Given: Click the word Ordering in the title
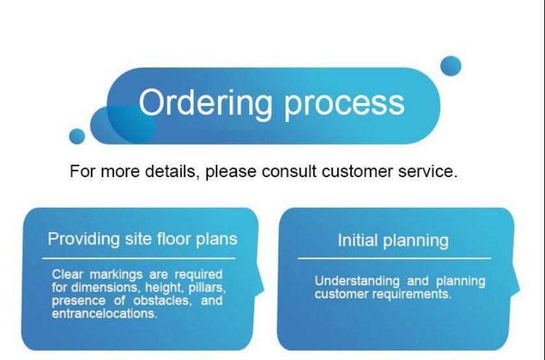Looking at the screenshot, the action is click(x=206, y=104).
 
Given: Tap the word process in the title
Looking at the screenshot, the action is click(x=345, y=105).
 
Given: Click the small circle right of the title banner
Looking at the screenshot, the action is click(x=451, y=66).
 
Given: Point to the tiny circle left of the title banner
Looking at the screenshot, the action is click(x=77, y=136).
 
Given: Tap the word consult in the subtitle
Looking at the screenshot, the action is click(x=289, y=171).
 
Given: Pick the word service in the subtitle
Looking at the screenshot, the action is click(x=428, y=171).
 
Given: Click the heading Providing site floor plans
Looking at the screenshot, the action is click(x=143, y=239).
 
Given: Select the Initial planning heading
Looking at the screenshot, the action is click(x=393, y=241).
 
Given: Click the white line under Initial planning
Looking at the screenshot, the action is click(x=394, y=259).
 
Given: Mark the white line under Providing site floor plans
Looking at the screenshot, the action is click(x=139, y=259).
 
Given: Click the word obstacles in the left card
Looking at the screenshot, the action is click(x=163, y=300).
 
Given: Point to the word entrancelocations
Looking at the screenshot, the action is click(x=104, y=314).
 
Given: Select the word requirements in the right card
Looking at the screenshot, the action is click(x=412, y=294).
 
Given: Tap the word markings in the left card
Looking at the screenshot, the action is click(x=116, y=274).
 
